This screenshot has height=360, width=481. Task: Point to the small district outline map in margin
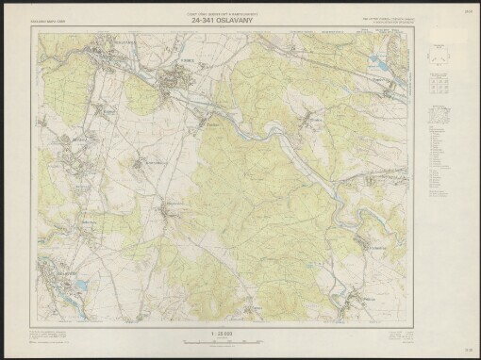pyautogui.click(x=437, y=117)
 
